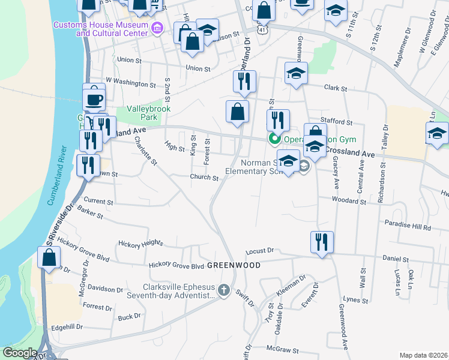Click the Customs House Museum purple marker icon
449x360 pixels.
point(158,28)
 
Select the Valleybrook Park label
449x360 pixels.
point(148,113)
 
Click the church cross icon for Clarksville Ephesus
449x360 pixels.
point(223,291)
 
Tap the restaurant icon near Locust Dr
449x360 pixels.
point(322,242)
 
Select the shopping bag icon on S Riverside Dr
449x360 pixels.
point(49,257)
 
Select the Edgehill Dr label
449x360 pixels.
point(67,327)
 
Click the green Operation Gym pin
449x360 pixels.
point(275,139)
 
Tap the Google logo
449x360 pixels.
point(20,353)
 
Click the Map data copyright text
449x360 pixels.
point(424,355)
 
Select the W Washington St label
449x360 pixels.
point(130,79)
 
